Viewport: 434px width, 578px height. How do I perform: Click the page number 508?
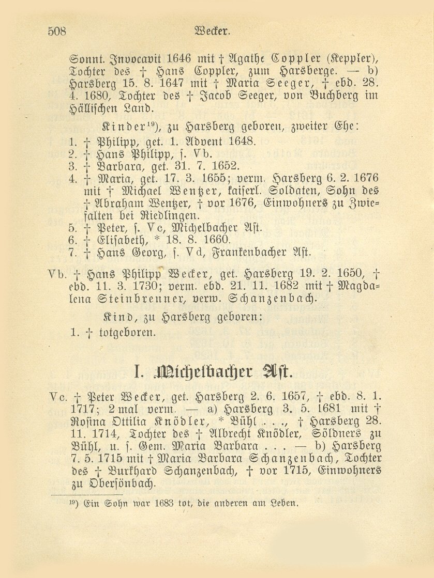[x=57, y=31]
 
